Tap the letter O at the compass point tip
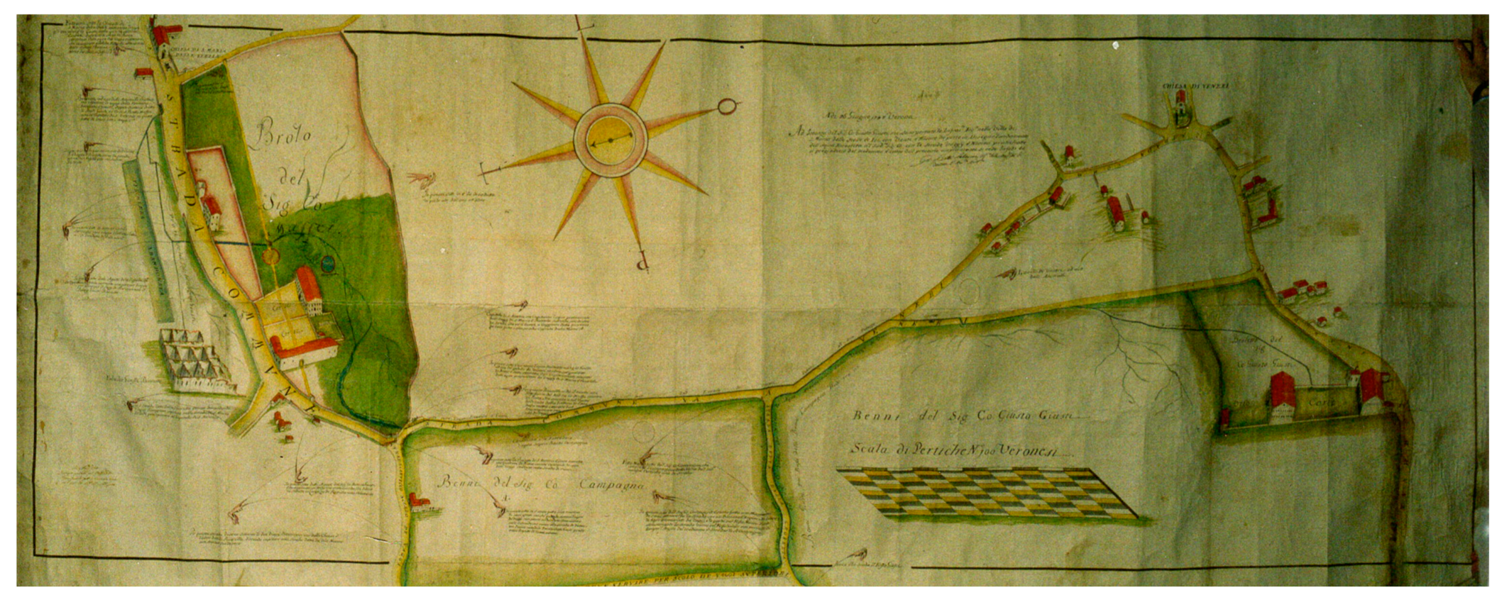pyautogui.click(x=726, y=107)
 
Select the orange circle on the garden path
pyautogui.click(x=270, y=255)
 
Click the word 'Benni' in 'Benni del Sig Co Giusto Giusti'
pyautogui.click(x=870, y=416)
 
